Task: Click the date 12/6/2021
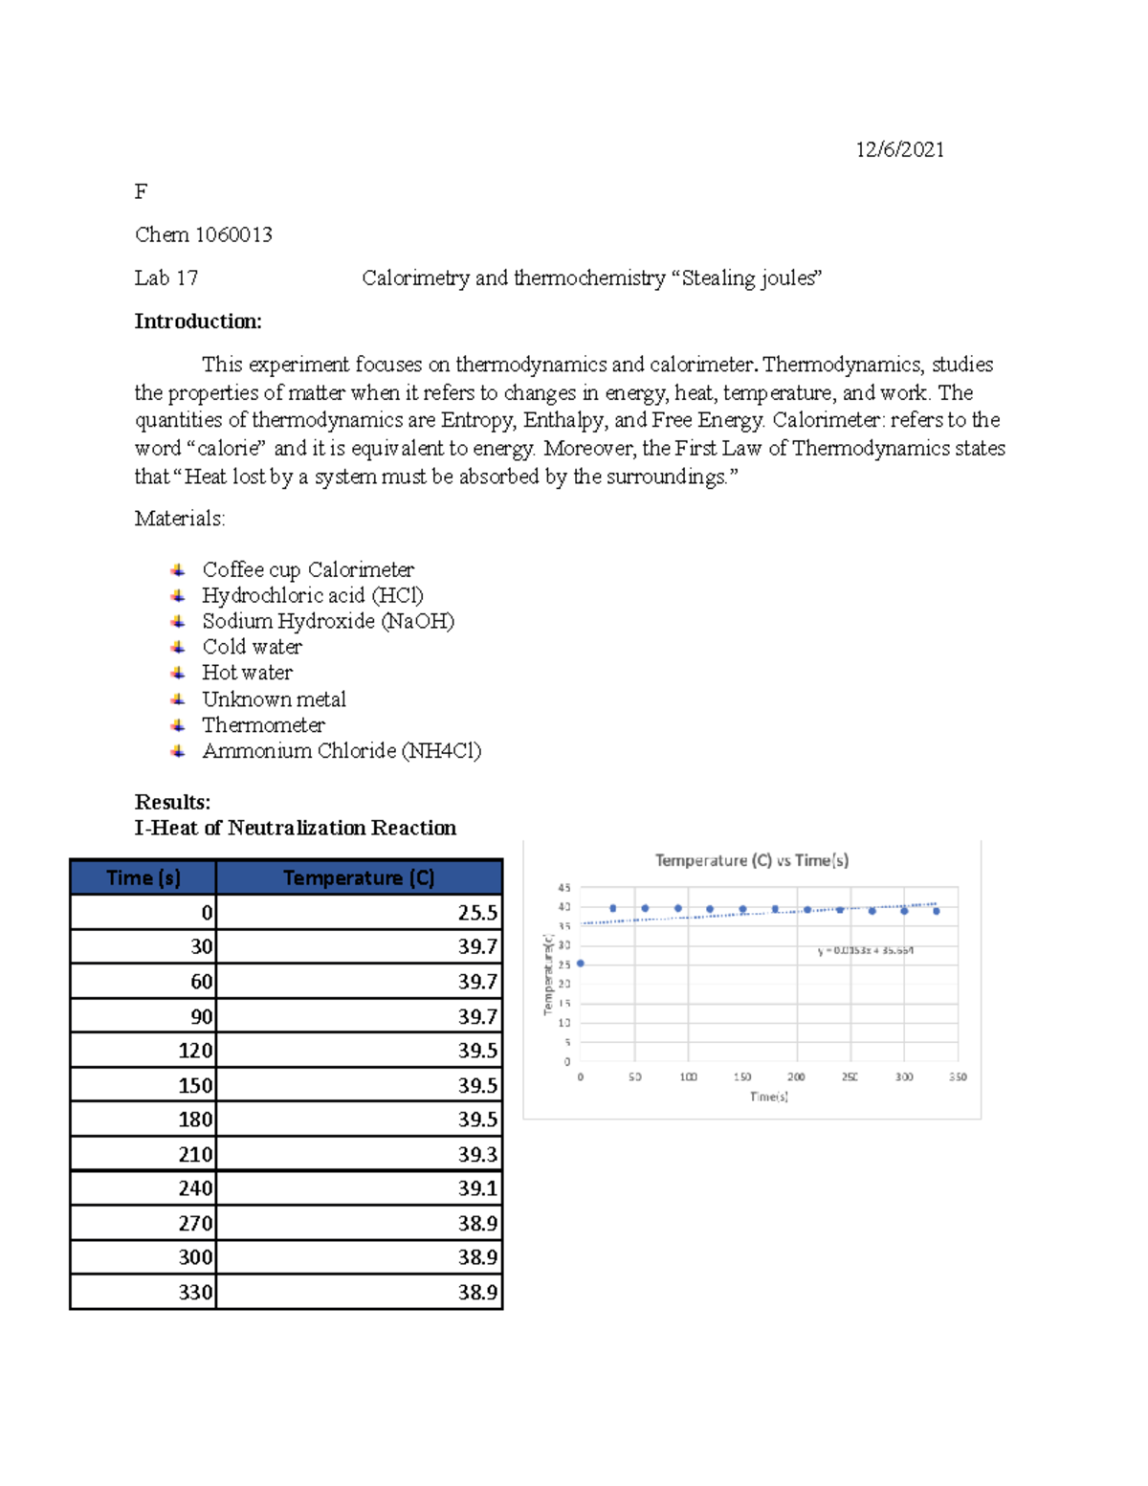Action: click(899, 149)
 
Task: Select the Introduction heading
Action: click(198, 322)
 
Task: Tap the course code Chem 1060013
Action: click(204, 235)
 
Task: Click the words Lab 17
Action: click(166, 278)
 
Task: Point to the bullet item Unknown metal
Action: click(274, 699)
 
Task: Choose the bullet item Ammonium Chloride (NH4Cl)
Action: click(342, 751)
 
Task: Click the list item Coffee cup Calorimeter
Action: click(308, 570)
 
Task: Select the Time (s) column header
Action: click(143, 877)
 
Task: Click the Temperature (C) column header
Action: click(359, 877)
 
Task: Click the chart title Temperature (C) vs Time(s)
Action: click(751, 860)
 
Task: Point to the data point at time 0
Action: click(581, 964)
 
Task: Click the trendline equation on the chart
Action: click(865, 950)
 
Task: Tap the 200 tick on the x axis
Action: click(796, 1076)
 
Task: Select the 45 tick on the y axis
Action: click(564, 888)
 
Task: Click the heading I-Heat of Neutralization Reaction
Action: click(296, 828)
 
